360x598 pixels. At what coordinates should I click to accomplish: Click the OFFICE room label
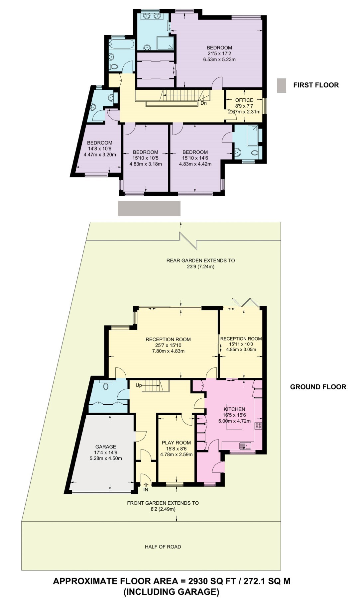coord(244,100)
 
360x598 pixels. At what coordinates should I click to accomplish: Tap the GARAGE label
coord(106,447)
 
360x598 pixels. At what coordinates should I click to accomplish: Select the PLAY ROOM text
coord(176,443)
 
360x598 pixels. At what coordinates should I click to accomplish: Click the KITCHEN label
coord(234,409)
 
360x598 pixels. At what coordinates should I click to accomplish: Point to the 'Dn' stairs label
coord(203,103)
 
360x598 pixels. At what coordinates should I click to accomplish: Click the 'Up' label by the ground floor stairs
coord(139,385)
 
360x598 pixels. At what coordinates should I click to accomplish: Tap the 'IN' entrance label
coord(146,489)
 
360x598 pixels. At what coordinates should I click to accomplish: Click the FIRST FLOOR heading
coord(316,85)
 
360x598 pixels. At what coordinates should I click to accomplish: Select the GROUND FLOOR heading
coord(318,387)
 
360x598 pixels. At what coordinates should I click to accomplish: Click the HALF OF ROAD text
coord(163,547)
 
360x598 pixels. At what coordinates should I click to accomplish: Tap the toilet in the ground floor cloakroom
coord(106,386)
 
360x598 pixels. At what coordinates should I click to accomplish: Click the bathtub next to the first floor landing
coord(122,44)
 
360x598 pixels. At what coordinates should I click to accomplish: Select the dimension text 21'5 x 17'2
coord(219,53)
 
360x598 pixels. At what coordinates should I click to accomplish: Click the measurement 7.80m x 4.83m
coord(168,351)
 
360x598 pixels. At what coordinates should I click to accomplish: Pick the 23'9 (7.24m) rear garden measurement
coord(200,266)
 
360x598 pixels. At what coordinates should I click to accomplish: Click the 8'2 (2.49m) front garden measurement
coord(163,509)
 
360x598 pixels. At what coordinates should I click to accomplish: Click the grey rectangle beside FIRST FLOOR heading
coord(282,85)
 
